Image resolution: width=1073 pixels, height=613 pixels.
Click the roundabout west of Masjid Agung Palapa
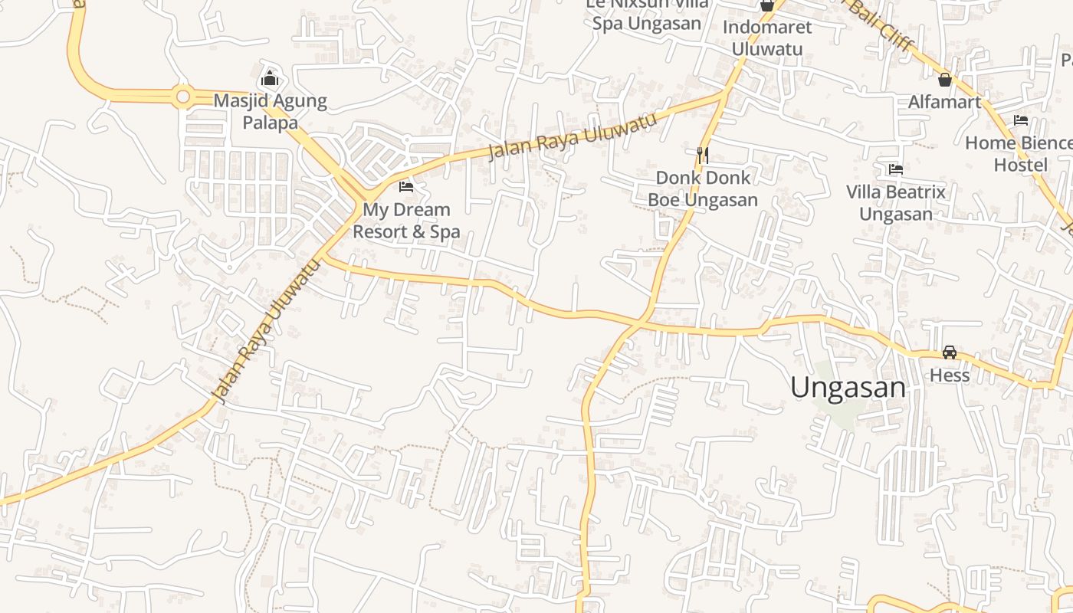pos(182,97)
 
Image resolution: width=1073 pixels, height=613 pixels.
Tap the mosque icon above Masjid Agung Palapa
pos(269,78)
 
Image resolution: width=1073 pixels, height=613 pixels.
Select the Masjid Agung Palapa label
pos(270,112)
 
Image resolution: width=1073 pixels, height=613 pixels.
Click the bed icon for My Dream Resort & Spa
pos(406,186)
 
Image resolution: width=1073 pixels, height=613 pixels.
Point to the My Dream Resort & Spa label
pos(406,221)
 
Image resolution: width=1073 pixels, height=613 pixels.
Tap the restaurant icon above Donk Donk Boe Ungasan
pos(702,156)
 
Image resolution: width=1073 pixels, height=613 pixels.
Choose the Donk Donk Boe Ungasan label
pos(703,189)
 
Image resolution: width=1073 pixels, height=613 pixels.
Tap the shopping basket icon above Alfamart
pos(945,79)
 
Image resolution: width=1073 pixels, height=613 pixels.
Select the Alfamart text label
pos(944,101)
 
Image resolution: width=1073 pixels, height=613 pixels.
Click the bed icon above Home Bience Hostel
pos(1020,120)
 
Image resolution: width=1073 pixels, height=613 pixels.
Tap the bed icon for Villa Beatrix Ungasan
pos(895,169)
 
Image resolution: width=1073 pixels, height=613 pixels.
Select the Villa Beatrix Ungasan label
pos(895,203)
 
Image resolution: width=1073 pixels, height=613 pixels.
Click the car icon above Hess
pos(950,352)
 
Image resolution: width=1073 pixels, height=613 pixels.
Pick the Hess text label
pos(950,375)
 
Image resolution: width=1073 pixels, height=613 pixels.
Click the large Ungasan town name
pos(848,388)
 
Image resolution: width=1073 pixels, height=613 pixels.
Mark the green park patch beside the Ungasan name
pos(839,410)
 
